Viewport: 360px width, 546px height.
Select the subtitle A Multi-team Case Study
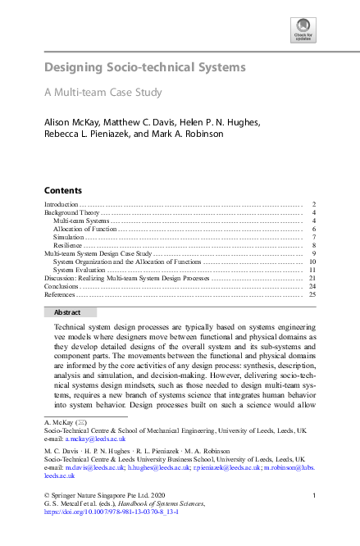coord(103,93)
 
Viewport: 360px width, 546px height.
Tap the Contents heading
coord(63,189)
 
